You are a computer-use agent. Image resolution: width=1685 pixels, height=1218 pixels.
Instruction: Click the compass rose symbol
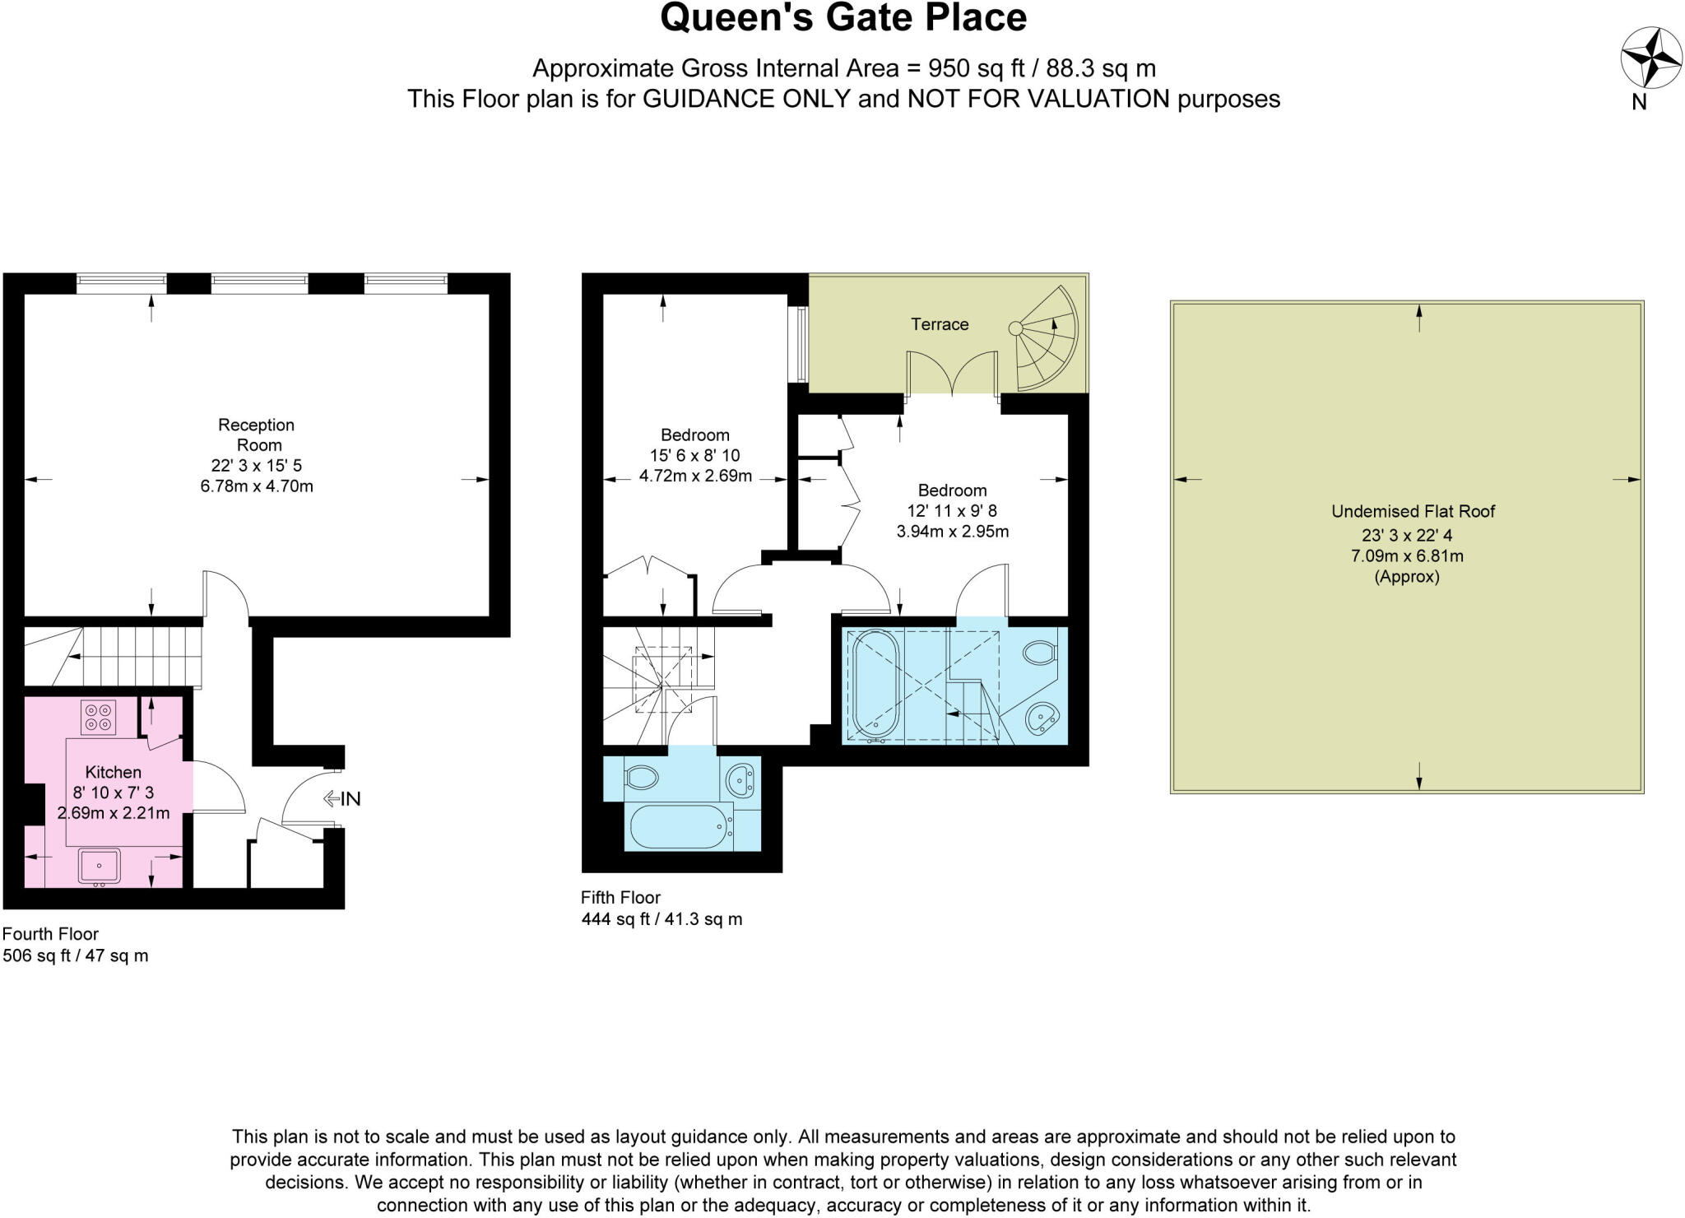tap(1650, 58)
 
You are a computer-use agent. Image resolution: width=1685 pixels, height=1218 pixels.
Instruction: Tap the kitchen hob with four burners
tap(99, 717)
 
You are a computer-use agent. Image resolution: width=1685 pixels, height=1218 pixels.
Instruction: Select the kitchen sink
tap(99, 866)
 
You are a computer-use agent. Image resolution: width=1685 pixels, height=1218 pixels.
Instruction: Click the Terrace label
tap(940, 324)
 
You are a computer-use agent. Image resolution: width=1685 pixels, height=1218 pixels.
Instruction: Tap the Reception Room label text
tap(256, 435)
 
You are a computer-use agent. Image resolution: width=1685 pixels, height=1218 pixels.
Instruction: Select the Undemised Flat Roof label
tap(1413, 511)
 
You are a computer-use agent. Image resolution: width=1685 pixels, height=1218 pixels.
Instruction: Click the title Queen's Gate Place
tap(843, 18)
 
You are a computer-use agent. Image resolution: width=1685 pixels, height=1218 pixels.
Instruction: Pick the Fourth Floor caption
tap(50, 934)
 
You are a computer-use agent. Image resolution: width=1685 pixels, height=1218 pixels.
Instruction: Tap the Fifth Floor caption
tap(620, 898)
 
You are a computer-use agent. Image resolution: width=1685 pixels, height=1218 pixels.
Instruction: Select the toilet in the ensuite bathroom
tap(1040, 653)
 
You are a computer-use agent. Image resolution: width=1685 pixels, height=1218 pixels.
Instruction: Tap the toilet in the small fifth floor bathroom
tap(642, 777)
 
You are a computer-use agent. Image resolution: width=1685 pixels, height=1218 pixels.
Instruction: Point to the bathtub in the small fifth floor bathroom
tap(680, 827)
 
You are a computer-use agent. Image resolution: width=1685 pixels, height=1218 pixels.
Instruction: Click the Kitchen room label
tap(114, 772)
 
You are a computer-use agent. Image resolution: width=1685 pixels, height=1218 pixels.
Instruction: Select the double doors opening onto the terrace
tap(953, 374)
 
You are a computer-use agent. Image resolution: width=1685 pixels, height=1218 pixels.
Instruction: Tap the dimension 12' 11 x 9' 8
tap(952, 511)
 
